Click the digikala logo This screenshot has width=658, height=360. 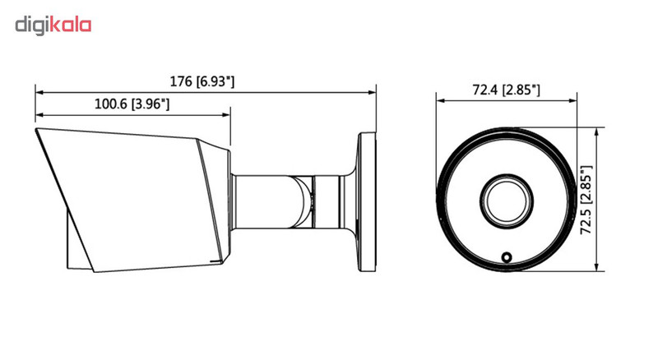[53, 25]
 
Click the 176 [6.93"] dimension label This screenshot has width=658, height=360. [202, 81]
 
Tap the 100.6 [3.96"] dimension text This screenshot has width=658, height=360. [132, 104]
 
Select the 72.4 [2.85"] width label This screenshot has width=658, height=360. [506, 90]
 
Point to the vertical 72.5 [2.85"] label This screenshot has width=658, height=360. [586, 199]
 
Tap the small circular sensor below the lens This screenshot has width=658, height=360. [507, 256]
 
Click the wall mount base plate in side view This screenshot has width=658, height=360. [366, 202]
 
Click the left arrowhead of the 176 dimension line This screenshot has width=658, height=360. [39, 92]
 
